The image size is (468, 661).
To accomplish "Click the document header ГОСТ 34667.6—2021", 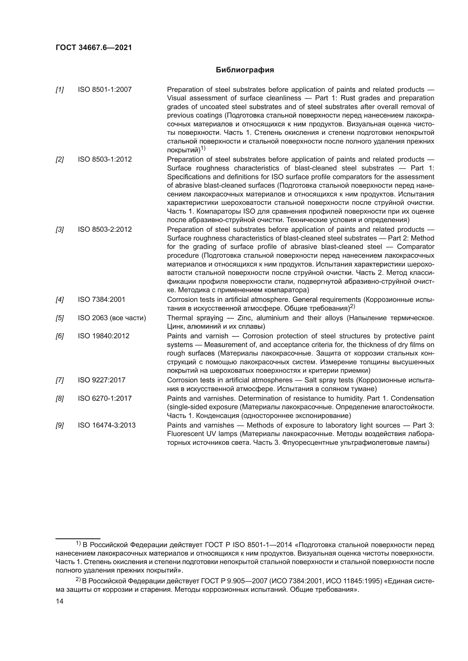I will tap(94, 48).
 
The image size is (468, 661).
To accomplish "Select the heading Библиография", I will tap(245, 70).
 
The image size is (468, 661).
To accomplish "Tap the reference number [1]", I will tap(60, 90).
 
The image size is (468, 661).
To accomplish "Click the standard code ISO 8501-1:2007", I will tap(105, 90).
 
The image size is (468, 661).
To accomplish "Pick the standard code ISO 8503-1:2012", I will tap(105, 159).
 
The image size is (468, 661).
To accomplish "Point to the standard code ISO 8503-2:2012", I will tap(105, 229).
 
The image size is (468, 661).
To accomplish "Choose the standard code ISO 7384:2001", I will tap(102, 300).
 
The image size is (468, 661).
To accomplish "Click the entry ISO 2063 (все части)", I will tap(112, 318).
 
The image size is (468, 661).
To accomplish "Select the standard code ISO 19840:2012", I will tap(104, 336).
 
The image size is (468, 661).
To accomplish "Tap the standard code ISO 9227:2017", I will tap(102, 380).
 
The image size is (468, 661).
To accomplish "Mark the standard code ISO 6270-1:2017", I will tap(105, 398).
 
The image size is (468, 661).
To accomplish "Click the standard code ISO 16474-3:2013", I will tap(107, 425).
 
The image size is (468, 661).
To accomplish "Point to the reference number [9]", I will tap(60, 426).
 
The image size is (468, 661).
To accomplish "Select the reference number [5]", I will tap(60, 318).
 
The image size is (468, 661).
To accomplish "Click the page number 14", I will tap(59, 601).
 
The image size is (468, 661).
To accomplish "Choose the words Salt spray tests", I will tap(329, 380).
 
